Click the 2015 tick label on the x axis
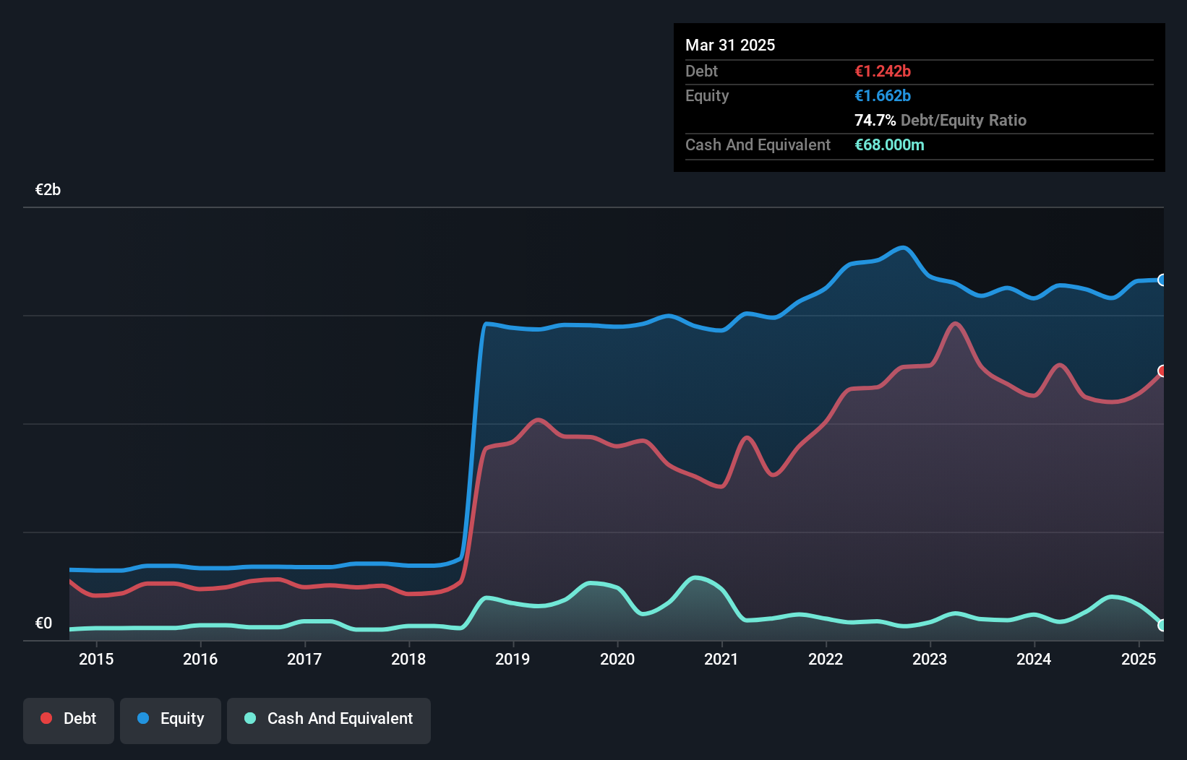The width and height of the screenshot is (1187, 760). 96,659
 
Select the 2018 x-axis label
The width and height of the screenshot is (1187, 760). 408,659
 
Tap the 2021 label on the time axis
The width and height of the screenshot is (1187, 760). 721,659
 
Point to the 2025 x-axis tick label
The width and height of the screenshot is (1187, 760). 1139,659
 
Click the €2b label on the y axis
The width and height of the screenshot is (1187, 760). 48,190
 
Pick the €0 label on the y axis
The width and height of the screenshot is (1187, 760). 43,623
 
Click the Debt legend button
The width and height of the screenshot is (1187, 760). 69,719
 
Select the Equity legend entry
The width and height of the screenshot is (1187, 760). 171,719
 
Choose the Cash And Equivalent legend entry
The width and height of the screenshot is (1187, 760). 329,719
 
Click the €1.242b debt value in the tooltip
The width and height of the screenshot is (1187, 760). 883,72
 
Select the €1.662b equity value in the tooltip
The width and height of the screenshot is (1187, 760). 883,96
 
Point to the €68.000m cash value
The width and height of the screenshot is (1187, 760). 889,145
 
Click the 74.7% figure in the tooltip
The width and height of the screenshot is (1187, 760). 875,121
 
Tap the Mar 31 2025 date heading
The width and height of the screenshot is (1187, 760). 730,46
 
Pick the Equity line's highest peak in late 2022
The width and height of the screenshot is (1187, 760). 903,248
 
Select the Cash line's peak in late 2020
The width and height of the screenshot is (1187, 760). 695,577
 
